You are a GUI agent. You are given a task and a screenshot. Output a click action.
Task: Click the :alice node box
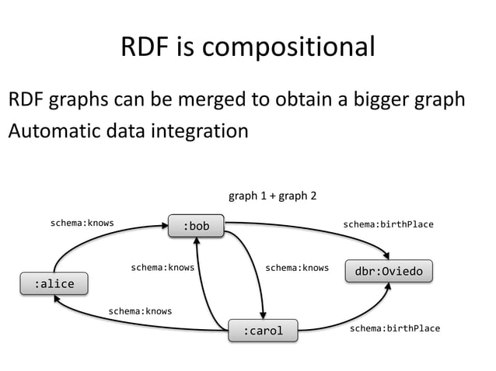[x=54, y=283]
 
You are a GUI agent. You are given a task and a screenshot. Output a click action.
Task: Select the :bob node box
[x=197, y=226]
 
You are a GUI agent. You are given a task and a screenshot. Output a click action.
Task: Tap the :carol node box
[x=264, y=331]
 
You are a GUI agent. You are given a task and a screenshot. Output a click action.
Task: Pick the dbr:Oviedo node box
[x=389, y=272]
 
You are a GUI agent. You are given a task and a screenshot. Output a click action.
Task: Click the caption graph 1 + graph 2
[x=271, y=196]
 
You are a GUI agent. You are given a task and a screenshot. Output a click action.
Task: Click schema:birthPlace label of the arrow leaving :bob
[x=388, y=224]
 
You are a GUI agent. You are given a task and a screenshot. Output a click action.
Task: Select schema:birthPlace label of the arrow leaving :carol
[x=394, y=328]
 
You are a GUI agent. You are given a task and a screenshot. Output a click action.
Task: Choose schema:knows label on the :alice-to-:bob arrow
[x=82, y=223]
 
